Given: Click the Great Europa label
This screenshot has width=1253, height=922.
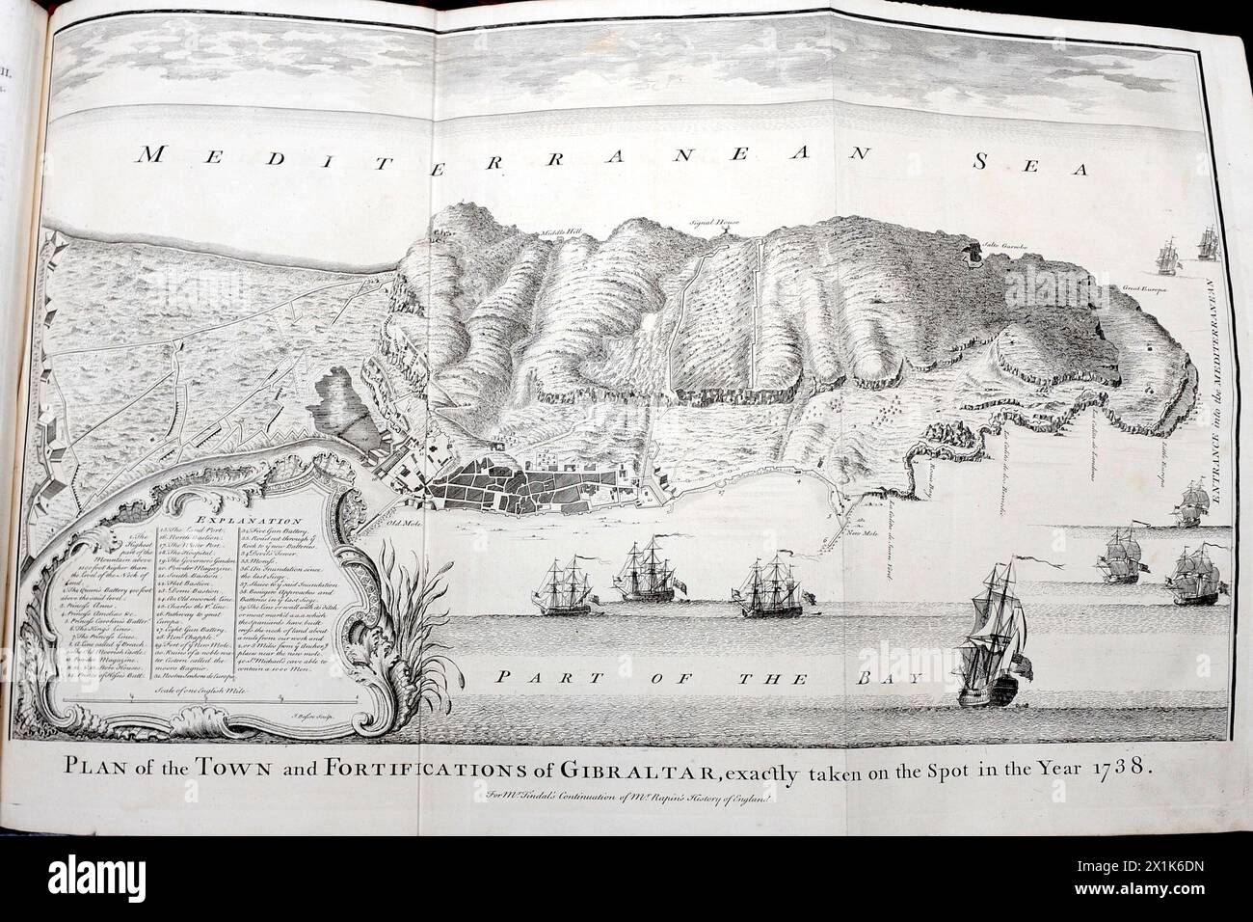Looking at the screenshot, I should coord(1145,287).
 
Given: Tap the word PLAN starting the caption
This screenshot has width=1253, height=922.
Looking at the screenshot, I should coord(99,769).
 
